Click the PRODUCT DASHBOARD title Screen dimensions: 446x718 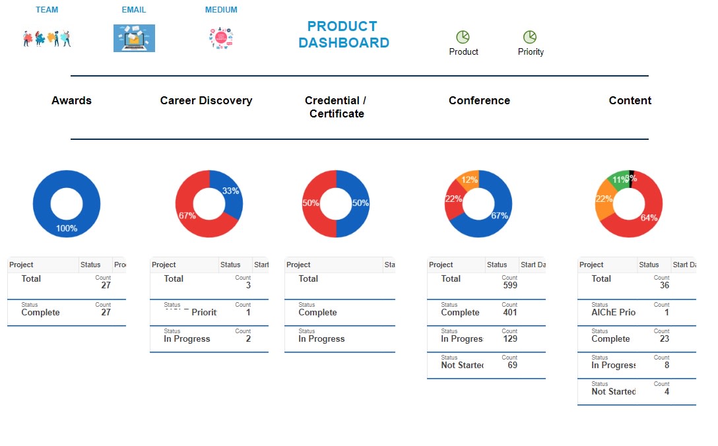click(x=343, y=35)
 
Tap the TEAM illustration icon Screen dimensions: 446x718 click(x=47, y=38)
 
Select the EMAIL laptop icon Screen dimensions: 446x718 click(x=134, y=38)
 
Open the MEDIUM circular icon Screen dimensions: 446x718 click(x=221, y=38)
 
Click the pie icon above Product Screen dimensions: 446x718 click(x=463, y=37)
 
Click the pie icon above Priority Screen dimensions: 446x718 click(x=530, y=37)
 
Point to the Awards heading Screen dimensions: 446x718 click(x=71, y=100)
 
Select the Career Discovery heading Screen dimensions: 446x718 click(x=206, y=100)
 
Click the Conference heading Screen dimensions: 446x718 click(x=479, y=100)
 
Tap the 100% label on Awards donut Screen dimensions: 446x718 click(x=66, y=228)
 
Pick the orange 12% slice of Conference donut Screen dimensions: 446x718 click(x=469, y=179)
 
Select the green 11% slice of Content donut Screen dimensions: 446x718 click(x=619, y=179)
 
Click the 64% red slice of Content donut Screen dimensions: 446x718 click(x=649, y=218)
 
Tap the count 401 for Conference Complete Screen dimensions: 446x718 click(x=509, y=313)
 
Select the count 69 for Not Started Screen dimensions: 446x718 click(x=512, y=365)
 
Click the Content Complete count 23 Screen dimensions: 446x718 click(x=664, y=338)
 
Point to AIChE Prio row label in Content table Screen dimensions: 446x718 click(x=613, y=312)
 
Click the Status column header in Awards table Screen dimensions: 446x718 click(x=90, y=265)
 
